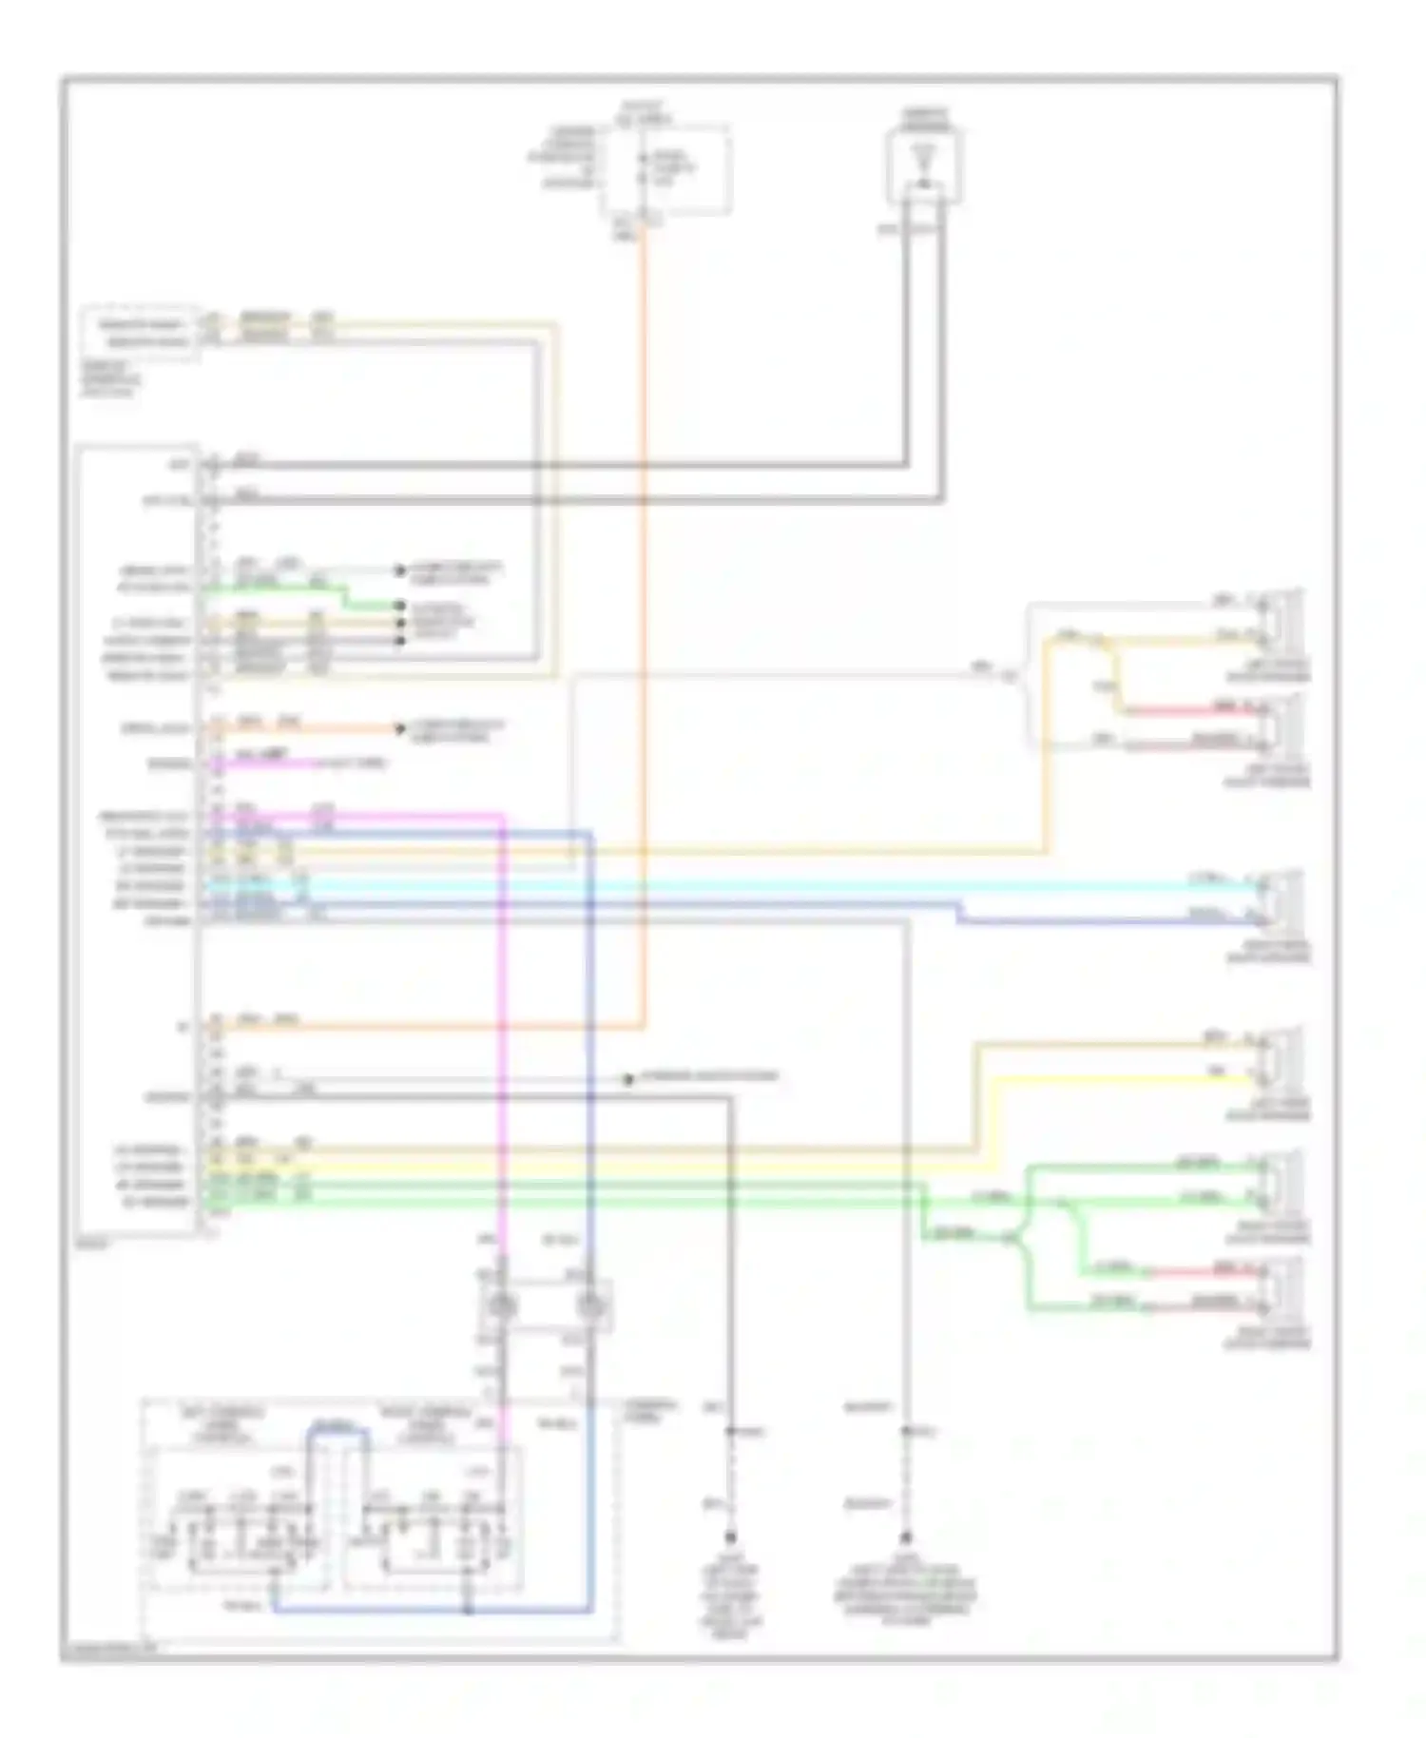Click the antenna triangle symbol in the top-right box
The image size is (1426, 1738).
pos(921,156)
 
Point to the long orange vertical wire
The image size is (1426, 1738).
pos(645,618)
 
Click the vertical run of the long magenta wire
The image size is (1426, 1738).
pos(502,1046)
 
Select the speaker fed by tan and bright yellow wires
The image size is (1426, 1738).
pos(1281,1055)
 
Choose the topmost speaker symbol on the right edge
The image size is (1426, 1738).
pos(1281,617)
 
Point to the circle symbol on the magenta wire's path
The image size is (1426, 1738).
pos(501,1306)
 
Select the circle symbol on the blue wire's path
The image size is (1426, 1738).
pos(591,1306)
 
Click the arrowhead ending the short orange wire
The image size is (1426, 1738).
pos(399,729)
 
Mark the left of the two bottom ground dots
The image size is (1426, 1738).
pos(731,1537)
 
